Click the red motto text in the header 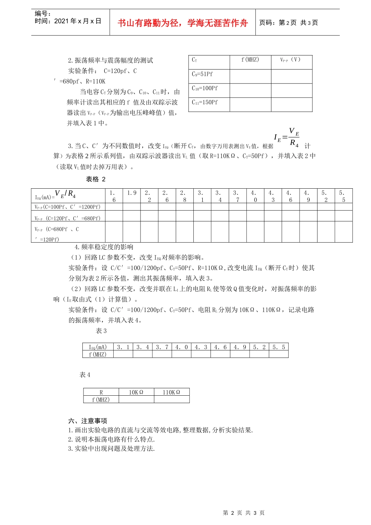[182, 23]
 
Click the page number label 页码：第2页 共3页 [289, 23]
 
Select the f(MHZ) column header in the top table [250, 60]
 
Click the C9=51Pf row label [202, 74]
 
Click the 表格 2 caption [96, 179]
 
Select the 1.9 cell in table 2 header [132, 193]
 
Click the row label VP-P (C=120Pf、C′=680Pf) [68, 218]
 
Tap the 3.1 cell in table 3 [123, 347]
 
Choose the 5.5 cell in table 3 [278, 347]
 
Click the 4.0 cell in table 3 [181, 347]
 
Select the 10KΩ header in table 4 [136, 392]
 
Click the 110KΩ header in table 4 [171, 392]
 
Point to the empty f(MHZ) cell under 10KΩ [136, 400]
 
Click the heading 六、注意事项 [87, 421]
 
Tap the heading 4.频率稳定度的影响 [104, 247]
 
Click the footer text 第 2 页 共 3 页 [244, 513]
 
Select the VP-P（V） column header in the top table [291, 60]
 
